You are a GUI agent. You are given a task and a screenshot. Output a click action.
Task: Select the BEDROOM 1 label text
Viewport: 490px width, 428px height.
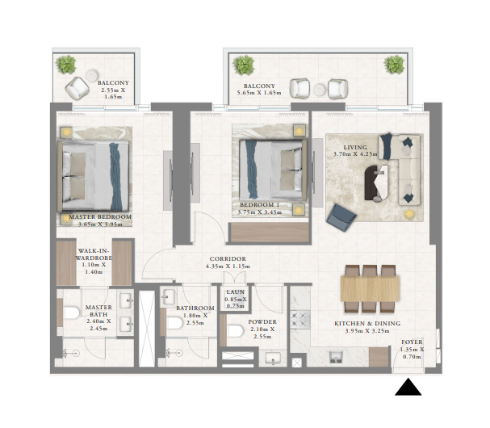(x=260, y=205)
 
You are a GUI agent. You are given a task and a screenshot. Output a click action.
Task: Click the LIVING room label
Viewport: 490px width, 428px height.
(x=355, y=147)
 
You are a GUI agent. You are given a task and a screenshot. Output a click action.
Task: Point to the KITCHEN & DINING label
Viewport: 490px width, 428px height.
(x=366, y=322)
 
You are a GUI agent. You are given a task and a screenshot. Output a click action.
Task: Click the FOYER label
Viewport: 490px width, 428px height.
(x=412, y=342)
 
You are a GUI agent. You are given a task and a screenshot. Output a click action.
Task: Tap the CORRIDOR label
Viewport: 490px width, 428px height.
(x=226, y=259)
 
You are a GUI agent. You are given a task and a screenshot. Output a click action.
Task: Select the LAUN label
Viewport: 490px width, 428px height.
(x=236, y=292)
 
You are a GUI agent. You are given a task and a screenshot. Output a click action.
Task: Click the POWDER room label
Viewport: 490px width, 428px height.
(x=262, y=321)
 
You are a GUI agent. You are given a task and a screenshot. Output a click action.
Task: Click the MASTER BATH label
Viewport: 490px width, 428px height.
(x=98, y=307)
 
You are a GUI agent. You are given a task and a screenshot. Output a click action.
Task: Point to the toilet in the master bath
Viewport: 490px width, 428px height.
(x=70, y=314)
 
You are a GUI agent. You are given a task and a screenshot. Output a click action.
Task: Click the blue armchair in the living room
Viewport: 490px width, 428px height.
(x=341, y=214)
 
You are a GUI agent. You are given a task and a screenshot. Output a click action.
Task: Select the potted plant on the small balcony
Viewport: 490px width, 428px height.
(x=66, y=63)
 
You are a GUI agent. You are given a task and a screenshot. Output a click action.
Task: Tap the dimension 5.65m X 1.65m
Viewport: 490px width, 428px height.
(x=257, y=94)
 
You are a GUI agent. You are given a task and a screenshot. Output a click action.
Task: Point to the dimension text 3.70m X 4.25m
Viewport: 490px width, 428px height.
(x=355, y=154)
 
